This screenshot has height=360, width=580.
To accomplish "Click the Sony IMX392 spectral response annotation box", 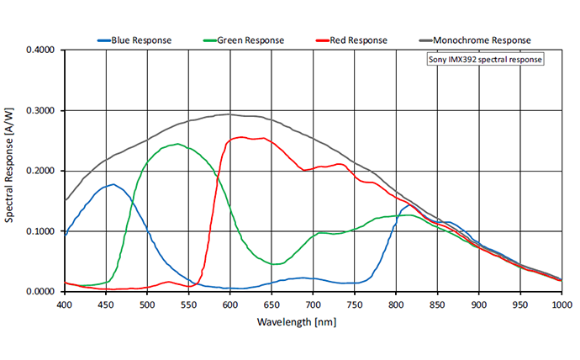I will coord(486,61).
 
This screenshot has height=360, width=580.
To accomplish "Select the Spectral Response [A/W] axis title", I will coord(11,171).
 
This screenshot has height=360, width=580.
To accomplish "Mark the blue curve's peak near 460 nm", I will coord(113,184).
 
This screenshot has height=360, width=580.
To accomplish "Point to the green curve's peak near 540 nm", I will coord(178,144).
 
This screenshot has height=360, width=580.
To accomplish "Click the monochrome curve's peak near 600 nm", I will coord(229,114).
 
